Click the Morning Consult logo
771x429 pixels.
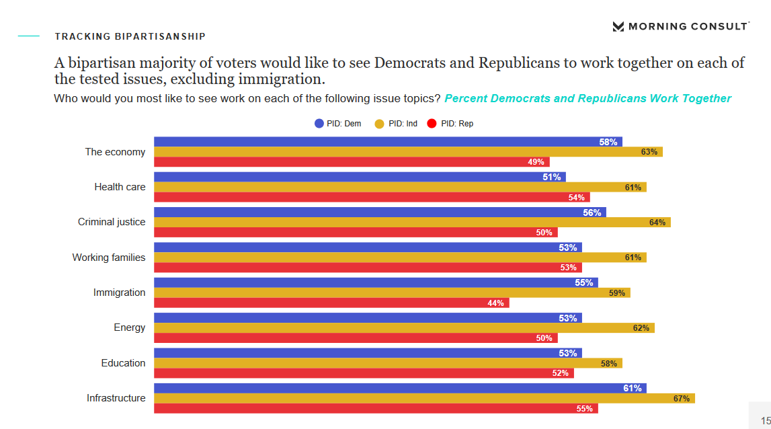680,26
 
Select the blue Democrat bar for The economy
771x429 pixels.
388,142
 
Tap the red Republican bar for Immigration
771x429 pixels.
331,303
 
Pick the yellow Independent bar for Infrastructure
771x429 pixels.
424,398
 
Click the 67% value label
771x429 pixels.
682,399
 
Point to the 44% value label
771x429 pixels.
496,303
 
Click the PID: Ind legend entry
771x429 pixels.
396,124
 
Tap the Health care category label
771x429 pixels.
120,187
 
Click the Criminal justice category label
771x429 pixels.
112,222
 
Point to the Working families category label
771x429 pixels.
109,258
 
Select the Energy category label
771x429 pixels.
130,327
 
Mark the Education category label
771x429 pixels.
123,363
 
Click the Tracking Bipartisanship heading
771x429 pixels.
130,36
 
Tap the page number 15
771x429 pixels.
766,420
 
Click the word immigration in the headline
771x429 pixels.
282,79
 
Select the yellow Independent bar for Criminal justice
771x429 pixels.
412,222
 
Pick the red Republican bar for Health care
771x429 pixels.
372,197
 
